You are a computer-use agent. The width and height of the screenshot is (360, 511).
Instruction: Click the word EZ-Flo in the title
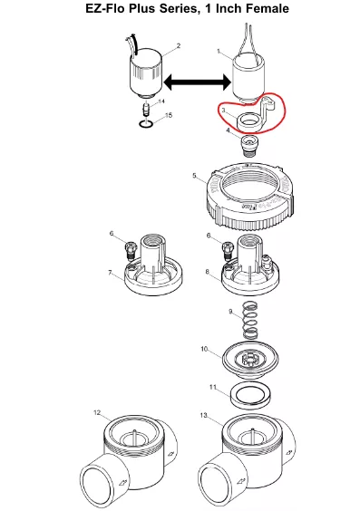point(105,9)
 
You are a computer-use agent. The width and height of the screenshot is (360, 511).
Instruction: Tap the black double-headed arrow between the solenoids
point(198,82)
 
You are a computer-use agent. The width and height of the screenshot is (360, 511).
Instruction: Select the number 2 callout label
point(178,46)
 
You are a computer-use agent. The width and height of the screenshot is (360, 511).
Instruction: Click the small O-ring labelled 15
point(145,124)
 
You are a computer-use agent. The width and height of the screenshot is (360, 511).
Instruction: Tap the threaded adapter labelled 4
point(249,146)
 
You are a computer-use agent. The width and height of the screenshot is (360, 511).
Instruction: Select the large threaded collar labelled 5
point(250,195)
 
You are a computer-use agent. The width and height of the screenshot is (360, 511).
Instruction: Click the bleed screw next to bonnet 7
point(131,250)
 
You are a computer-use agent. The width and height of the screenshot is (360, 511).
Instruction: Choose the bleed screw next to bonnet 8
point(227,250)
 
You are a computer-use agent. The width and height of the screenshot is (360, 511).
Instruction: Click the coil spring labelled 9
point(250,319)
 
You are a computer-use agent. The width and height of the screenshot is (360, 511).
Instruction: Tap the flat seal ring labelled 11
point(250,395)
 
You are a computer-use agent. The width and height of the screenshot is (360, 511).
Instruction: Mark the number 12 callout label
point(97,413)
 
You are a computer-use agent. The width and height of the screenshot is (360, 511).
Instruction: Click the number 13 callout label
point(204,416)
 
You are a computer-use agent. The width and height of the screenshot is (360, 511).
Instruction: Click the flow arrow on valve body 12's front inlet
point(123,482)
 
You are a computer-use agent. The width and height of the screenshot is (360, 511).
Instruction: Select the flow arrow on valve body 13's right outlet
point(288,453)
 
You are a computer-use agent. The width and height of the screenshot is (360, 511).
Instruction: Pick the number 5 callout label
point(194,176)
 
